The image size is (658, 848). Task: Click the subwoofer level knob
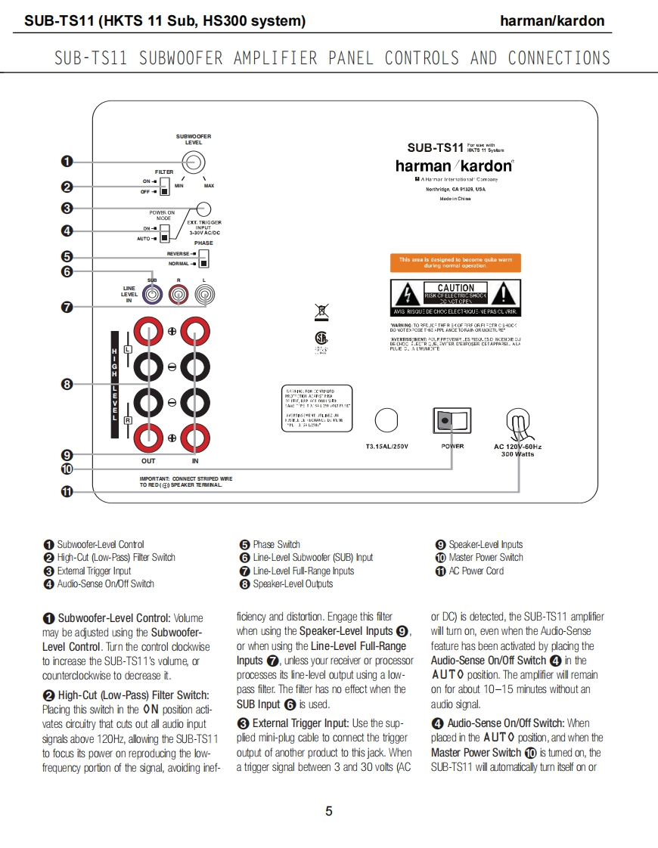[x=192, y=161]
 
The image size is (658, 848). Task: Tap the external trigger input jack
[x=203, y=209]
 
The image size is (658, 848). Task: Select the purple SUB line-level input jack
[x=153, y=291]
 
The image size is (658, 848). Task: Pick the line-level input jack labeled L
[x=203, y=291]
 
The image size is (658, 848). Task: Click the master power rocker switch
[x=450, y=421]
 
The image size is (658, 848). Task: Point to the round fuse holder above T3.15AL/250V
[x=386, y=419]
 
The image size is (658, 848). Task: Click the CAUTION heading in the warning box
[x=455, y=288]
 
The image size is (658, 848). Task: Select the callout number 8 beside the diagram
[x=67, y=385]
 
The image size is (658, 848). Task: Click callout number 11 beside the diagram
[x=67, y=491]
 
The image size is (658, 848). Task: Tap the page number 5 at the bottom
[x=328, y=812]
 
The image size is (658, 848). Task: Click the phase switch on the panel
[x=203, y=258]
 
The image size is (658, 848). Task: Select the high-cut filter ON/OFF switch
[x=164, y=187]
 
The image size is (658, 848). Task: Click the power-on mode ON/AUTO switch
[x=164, y=233]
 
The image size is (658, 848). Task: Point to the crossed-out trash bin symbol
[x=321, y=311]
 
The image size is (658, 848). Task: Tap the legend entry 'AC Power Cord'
[x=476, y=571]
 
